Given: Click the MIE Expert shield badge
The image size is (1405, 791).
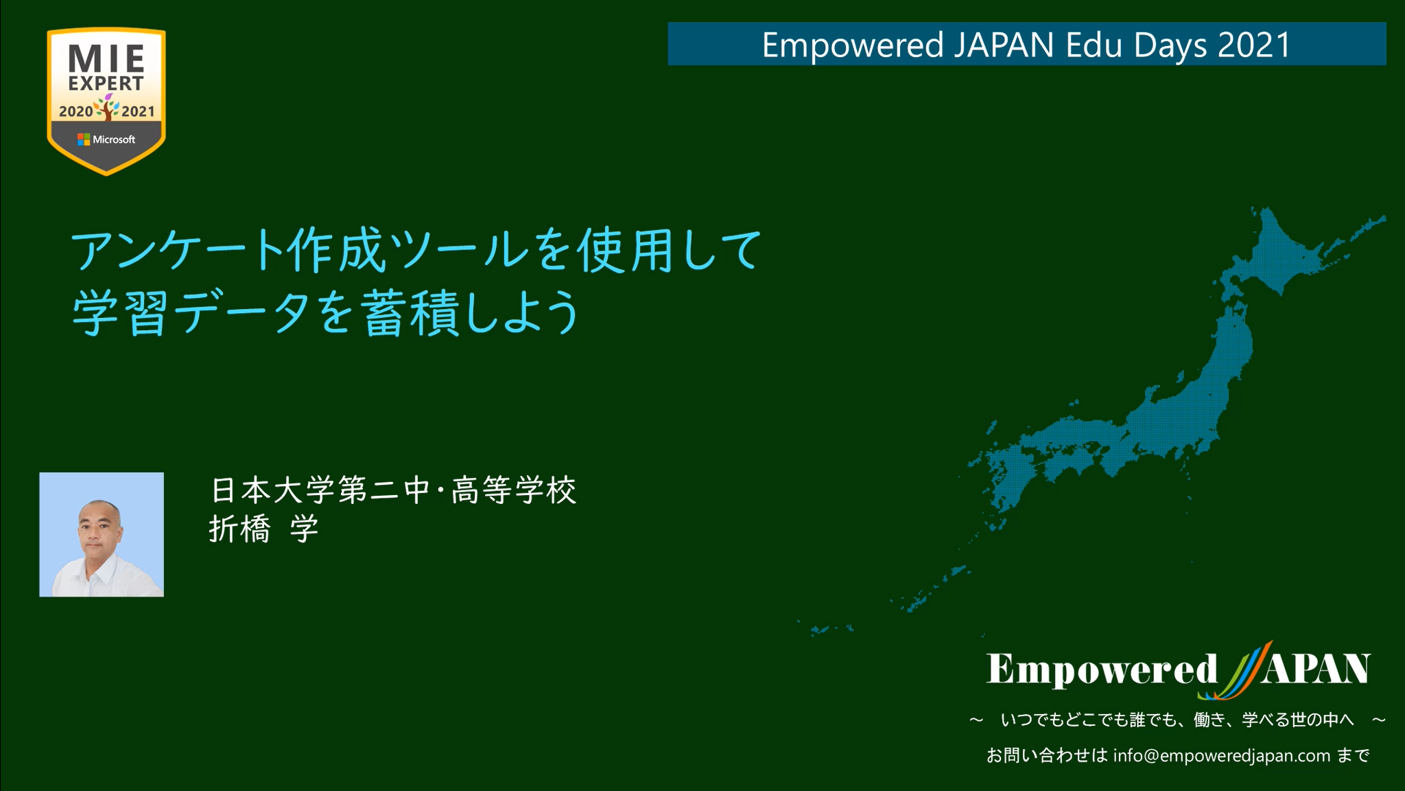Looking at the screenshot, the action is pyautogui.click(x=106, y=101).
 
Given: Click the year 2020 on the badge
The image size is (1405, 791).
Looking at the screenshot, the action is pyautogui.click(x=75, y=111).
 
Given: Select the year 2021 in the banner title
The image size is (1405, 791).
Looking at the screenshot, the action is pyautogui.click(x=1254, y=45).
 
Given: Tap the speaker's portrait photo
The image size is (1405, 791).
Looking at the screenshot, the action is pyautogui.click(x=102, y=534).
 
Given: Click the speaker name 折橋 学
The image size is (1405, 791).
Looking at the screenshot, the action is pyautogui.click(x=263, y=529).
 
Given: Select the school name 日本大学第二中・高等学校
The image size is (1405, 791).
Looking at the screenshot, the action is pyautogui.click(x=393, y=490).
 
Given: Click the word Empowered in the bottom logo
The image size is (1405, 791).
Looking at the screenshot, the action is pyautogui.click(x=1102, y=669).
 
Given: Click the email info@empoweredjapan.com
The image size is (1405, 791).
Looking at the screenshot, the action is pyautogui.click(x=1222, y=756).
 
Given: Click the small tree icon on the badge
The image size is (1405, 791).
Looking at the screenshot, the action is pyautogui.click(x=107, y=107).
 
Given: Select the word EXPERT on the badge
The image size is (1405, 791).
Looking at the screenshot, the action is pyautogui.click(x=106, y=83).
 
